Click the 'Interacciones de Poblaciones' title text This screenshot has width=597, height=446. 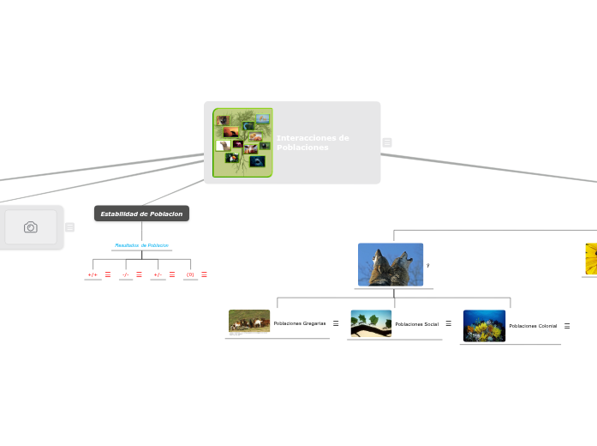pyautogui.click(x=313, y=142)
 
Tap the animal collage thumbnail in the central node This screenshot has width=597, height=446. pyautogui.click(x=242, y=142)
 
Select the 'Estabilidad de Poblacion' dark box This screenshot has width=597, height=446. pyautogui.click(x=141, y=214)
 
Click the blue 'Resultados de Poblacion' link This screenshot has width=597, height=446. pyautogui.click(x=141, y=245)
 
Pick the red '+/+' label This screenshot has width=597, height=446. pyautogui.click(x=93, y=274)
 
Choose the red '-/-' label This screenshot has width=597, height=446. pyautogui.click(x=125, y=274)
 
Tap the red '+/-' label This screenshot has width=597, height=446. pyautogui.click(x=158, y=274)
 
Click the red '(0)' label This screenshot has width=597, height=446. pyautogui.click(x=190, y=274)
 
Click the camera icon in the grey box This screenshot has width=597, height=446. pyautogui.click(x=31, y=227)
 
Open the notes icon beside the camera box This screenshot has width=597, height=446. pyautogui.click(x=69, y=227)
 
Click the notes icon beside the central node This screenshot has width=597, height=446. pyautogui.click(x=387, y=142)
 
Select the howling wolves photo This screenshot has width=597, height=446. pyautogui.click(x=391, y=264)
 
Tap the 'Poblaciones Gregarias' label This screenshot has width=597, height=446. pyautogui.click(x=300, y=323)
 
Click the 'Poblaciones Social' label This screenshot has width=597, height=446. pyautogui.click(x=416, y=323)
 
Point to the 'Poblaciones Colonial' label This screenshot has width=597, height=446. pyautogui.click(x=533, y=326)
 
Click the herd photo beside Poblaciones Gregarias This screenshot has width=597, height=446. pyautogui.click(x=249, y=322)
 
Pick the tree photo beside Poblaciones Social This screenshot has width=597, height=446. pyautogui.click(x=371, y=323)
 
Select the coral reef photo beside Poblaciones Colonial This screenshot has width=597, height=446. pyautogui.click(x=484, y=326)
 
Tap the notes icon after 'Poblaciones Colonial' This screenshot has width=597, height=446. pyautogui.click(x=567, y=326)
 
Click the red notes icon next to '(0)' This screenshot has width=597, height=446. pyautogui.click(x=204, y=274)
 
